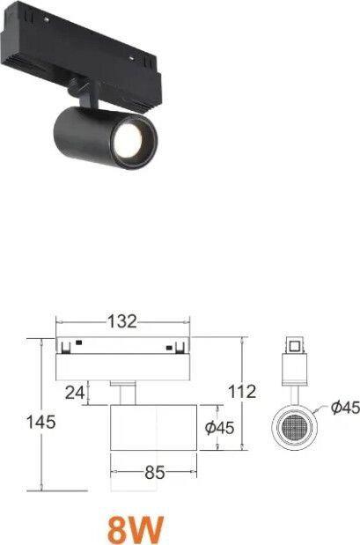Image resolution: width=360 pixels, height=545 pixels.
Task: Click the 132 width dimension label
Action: point(122,321)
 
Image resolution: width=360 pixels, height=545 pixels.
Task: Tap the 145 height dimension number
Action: point(41,423)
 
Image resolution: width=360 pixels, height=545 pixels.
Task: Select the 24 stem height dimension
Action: point(75,393)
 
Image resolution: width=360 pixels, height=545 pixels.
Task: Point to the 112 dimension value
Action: point(242,392)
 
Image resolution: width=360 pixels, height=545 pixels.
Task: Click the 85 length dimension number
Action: point(155,472)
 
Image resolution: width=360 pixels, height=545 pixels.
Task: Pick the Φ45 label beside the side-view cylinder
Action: point(220,428)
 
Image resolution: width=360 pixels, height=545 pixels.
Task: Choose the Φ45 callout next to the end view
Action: point(345,408)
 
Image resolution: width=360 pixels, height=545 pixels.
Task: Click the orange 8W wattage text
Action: point(136,530)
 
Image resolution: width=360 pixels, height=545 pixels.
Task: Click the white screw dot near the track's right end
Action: point(132,59)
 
